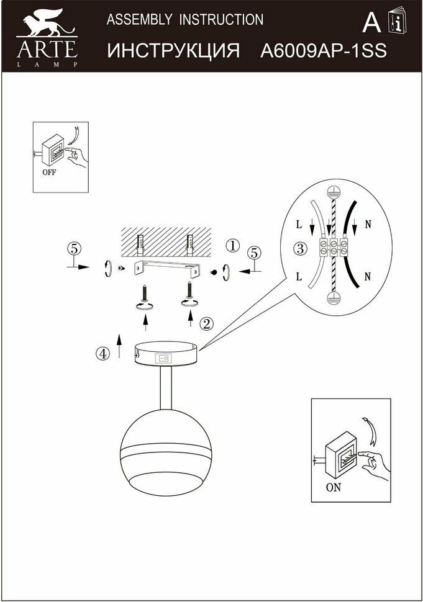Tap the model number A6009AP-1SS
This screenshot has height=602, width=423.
click(323, 51)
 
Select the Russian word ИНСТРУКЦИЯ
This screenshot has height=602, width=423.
click(174, 51)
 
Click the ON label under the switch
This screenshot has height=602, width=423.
click(334, 487)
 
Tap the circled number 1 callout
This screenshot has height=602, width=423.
click(232, 245)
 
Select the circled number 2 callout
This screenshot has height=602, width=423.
click(207, 323)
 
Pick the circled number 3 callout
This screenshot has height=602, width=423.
click(300, 249)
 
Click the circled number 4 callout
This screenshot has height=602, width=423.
click(102, 353)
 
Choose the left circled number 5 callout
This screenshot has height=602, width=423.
click(73, 249)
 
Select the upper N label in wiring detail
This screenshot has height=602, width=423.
click(368, 224)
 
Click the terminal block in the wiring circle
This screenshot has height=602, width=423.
click(334, 249)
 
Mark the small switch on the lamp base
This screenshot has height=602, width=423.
click(165, 357)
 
